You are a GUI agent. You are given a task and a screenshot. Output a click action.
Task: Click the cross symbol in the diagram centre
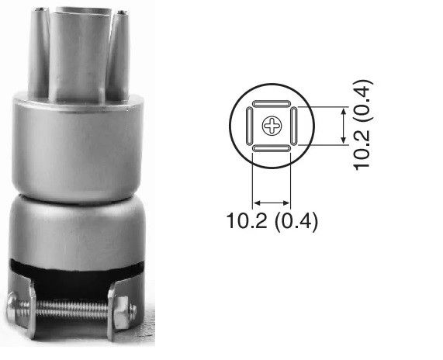click(x=272, y=126)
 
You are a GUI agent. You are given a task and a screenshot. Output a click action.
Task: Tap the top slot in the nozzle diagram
click(x=272, y=103)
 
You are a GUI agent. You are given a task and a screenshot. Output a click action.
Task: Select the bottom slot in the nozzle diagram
click(x=272, y=148)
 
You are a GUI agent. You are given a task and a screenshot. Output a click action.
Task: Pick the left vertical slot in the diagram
click(x=250, y=126)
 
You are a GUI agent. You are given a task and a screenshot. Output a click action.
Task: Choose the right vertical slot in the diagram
click(x=294, y=126)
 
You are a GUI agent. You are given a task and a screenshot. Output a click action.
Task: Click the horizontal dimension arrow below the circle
click(x=272, y=203)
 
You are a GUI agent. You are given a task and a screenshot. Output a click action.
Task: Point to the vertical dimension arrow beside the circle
click(x=344, y=126)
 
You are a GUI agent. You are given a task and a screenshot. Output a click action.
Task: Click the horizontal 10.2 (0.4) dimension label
click(x=272, y=220)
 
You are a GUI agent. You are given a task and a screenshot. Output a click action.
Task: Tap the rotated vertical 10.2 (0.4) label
click(x=362, y=126)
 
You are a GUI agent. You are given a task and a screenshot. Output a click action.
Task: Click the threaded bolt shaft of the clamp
click(x=72, y=309)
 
